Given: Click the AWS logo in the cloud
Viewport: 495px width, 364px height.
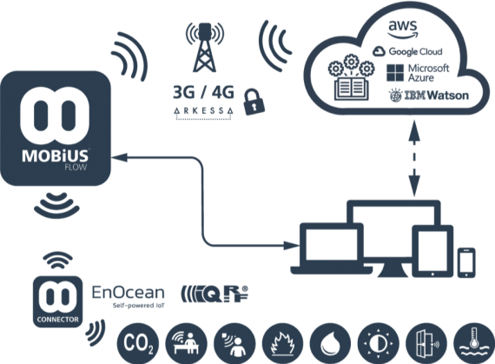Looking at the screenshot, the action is [x=403, y=29].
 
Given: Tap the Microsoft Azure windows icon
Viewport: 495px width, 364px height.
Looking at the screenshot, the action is [x=395, y=73].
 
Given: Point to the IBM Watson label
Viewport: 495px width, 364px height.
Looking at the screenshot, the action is [x=429, y=95].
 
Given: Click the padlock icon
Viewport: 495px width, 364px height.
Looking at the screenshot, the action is [x=254, y=102].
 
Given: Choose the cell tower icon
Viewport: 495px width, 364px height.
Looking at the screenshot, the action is [x=205, y=47].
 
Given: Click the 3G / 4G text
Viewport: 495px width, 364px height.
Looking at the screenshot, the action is [x=203, y=92].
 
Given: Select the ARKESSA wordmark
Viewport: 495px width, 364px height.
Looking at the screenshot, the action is [x=203, y=110].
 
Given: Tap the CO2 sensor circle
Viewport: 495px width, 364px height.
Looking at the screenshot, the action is [x=138, y=343].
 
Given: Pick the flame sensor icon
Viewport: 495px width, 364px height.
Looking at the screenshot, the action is [x=282, y=343].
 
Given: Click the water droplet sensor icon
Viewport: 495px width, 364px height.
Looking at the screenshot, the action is [x=331, y=343].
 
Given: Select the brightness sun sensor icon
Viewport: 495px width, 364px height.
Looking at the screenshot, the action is [x=379, y=343].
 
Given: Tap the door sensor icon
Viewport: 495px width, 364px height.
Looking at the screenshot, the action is [x=426, y=343].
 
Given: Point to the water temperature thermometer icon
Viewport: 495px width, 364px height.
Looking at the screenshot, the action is [x=474, y=343].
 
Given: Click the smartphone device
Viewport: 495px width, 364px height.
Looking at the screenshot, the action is [x=466, y=262].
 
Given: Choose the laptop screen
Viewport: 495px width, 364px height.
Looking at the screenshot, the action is [x=332, y=244].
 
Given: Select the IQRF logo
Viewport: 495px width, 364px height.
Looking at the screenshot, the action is [x=214, y=294].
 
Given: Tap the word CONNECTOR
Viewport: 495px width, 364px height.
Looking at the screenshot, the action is [x=58, y=319].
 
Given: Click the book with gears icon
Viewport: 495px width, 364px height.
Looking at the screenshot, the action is [x=352, y=77].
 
